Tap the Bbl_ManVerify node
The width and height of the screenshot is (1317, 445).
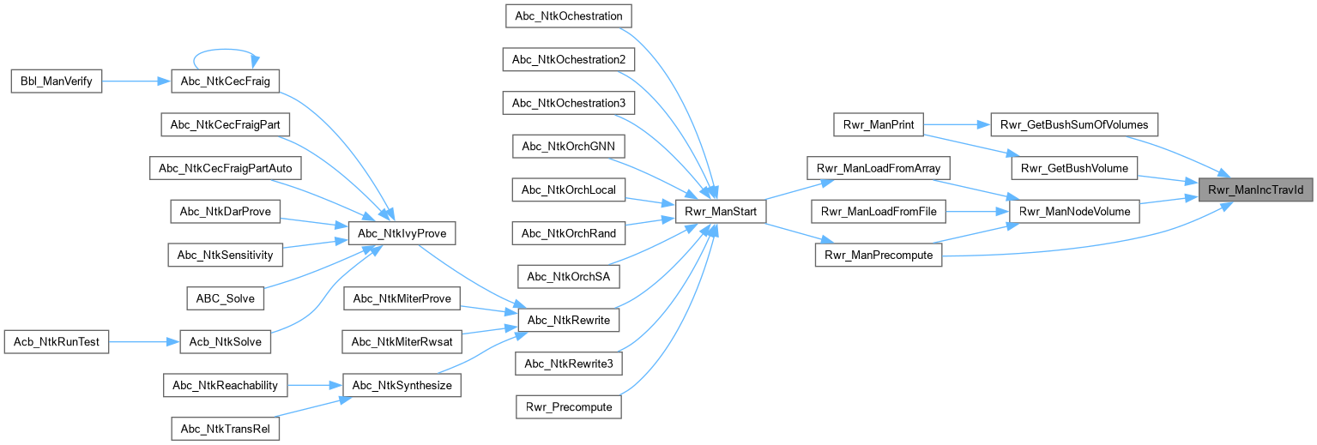click(x=56, y=81)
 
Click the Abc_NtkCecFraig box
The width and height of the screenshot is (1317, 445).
click(x=227, y=81)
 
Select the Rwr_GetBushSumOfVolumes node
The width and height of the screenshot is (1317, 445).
click(x=1074, y=124)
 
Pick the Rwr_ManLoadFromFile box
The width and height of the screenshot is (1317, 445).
click(x=879, y=211)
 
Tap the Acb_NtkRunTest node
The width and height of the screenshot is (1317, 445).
click(x=57, y=341)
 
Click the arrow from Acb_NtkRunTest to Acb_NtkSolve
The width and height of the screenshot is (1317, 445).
click(x=142, y=341)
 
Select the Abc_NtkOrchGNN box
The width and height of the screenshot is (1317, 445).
click(x=568, y=146)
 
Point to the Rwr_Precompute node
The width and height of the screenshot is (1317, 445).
click(x=568, y=406)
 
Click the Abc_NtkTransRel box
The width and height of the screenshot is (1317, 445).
click(x=226, y=428)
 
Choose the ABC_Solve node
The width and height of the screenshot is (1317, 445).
click(x=226, y=298)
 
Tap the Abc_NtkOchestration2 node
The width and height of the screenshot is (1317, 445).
click(x=568, y=59)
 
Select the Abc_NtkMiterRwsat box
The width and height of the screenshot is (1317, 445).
click(x=402, y=341)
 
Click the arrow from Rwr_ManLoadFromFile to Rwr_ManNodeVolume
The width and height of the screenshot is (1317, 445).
click(x=976, y=211)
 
